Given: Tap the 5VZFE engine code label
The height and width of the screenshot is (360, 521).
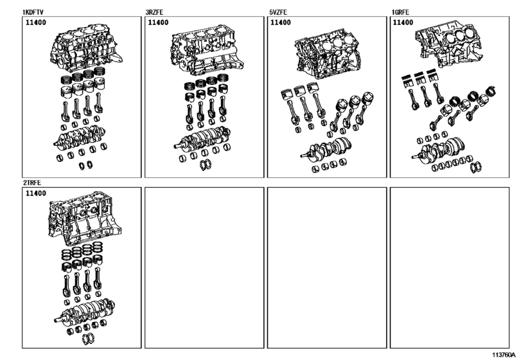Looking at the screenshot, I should pyautogui.click(x=279, y=12).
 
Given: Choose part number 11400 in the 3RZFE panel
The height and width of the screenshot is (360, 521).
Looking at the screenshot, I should pyautogui.click(x=159, y=22).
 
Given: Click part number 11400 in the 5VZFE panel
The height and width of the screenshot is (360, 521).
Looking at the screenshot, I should pyautogui.click(x=280, y=22).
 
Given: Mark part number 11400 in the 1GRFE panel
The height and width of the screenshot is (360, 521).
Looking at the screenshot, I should pyautogui.click(x=403, y=22).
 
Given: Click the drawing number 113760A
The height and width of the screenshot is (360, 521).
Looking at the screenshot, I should pyautogui.click(x=504, y=354).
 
